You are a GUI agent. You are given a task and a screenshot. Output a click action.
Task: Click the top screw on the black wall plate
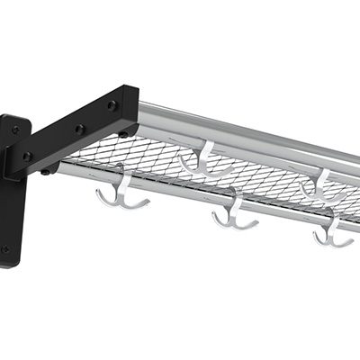(14, 130)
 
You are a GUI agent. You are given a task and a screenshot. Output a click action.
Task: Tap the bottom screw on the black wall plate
(5, 249)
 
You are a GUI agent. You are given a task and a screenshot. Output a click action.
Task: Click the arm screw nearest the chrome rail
(112, 105)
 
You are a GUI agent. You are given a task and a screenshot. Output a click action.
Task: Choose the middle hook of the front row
(236, 216)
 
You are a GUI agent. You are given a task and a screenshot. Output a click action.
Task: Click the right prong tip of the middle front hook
(257, 220)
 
